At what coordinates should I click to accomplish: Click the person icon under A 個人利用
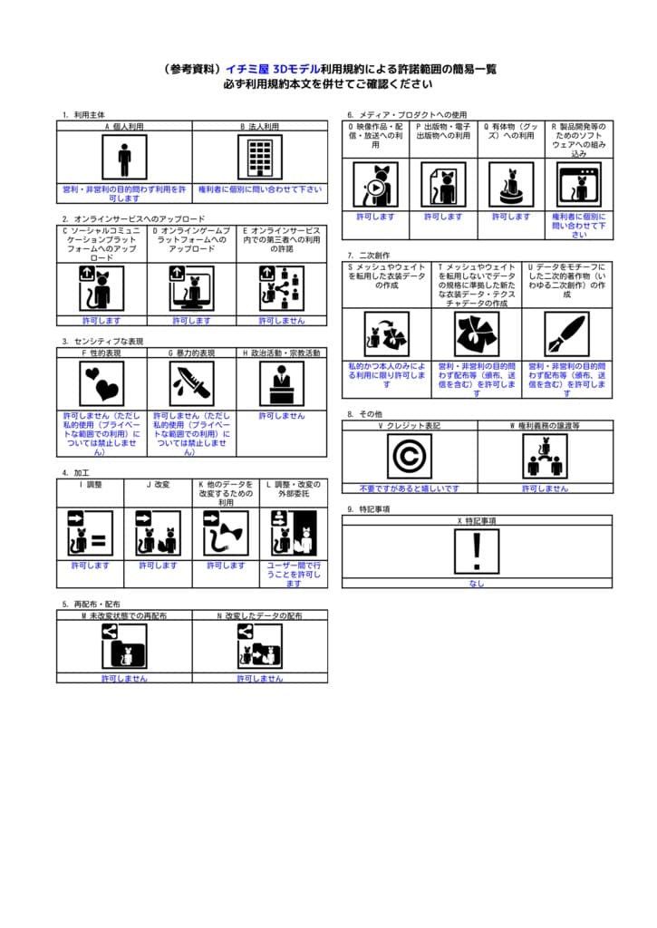pyautogui.click(x=124, y=159)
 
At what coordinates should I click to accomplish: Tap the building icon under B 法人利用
pyautogui.click(x=260, y=159)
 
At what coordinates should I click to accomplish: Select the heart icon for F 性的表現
pyautogui.click(x=101, y=383)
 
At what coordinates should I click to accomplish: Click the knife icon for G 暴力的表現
pyautogui.click(x=192, y=383)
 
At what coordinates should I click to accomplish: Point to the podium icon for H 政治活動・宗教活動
pyautogui.click(x=282, y=383)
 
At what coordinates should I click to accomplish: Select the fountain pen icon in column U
pyautogui.click(x=567, y=334)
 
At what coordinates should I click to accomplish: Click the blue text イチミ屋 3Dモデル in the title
pyautogui.click(x=272, y=69)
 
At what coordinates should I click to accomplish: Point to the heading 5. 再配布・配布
pyautogui.click(x=92, y=604)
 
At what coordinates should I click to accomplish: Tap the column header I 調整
pyautogui.click(x=90, y=484)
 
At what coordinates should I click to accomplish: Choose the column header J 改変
pyautogui.click(x=158, y=484)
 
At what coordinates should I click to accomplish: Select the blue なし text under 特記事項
pyautogui.click(x=477, y=584)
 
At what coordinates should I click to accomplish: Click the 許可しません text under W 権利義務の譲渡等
pyautogui.click(x=545, y=488)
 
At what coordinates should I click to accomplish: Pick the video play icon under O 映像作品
pyautogui.click(x=375, y=185)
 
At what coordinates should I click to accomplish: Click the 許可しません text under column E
pyautogui.click(x=282, y=320)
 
